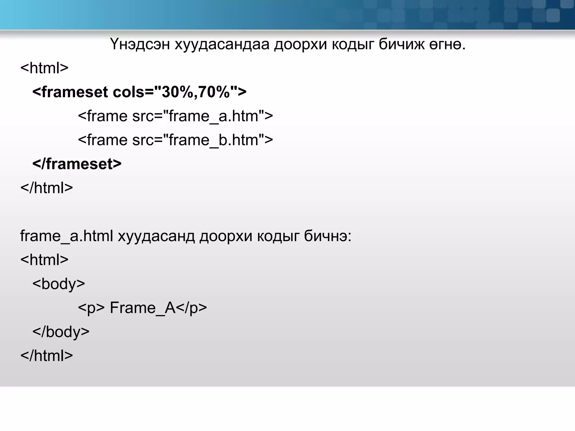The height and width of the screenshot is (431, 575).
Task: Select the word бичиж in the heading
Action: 401,44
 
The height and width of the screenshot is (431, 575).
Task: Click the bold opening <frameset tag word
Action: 70,92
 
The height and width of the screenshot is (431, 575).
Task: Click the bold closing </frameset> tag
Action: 77,164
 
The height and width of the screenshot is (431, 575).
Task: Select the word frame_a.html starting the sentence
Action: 67,236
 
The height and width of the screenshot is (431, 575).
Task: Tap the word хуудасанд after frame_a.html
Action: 156,236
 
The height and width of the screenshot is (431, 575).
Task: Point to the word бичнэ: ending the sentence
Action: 328,236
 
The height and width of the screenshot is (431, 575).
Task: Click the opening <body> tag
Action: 59,284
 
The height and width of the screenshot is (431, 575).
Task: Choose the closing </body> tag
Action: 61,332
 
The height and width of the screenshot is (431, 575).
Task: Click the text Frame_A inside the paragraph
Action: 143,308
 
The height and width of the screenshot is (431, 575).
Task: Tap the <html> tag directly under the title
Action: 44,68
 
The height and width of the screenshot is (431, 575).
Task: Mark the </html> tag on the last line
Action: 47,356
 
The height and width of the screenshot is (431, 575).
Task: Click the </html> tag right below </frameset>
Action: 47,188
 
